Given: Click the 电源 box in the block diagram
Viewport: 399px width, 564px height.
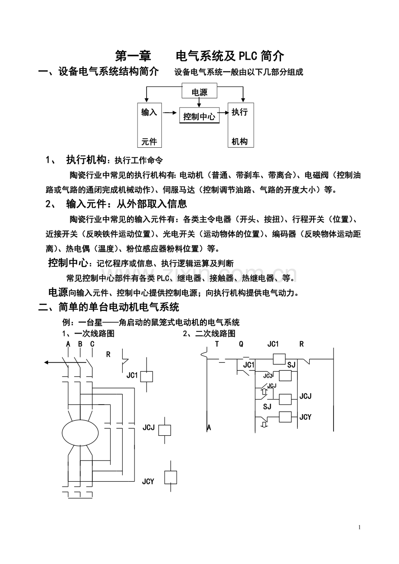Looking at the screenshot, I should point(199,92).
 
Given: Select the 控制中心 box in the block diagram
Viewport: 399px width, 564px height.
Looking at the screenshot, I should point(199,117).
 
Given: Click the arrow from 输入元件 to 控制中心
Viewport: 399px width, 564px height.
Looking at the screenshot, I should point(170,113).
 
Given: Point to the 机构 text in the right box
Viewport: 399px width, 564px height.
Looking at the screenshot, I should point(239,142).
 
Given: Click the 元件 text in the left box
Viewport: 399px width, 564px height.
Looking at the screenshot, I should point(149,142).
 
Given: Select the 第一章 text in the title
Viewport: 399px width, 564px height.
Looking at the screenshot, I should point(133,56).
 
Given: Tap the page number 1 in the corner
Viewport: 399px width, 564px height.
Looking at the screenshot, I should point(360,527).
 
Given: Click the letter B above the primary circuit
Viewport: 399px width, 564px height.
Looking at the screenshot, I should point(80,344).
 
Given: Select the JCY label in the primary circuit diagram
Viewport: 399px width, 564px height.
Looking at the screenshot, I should point(148,481).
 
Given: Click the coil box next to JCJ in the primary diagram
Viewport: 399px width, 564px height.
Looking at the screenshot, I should point(164,430).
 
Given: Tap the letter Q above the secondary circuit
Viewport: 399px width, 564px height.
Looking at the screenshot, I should point(241,344).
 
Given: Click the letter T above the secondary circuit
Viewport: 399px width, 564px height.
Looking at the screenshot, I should point(217,344).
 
